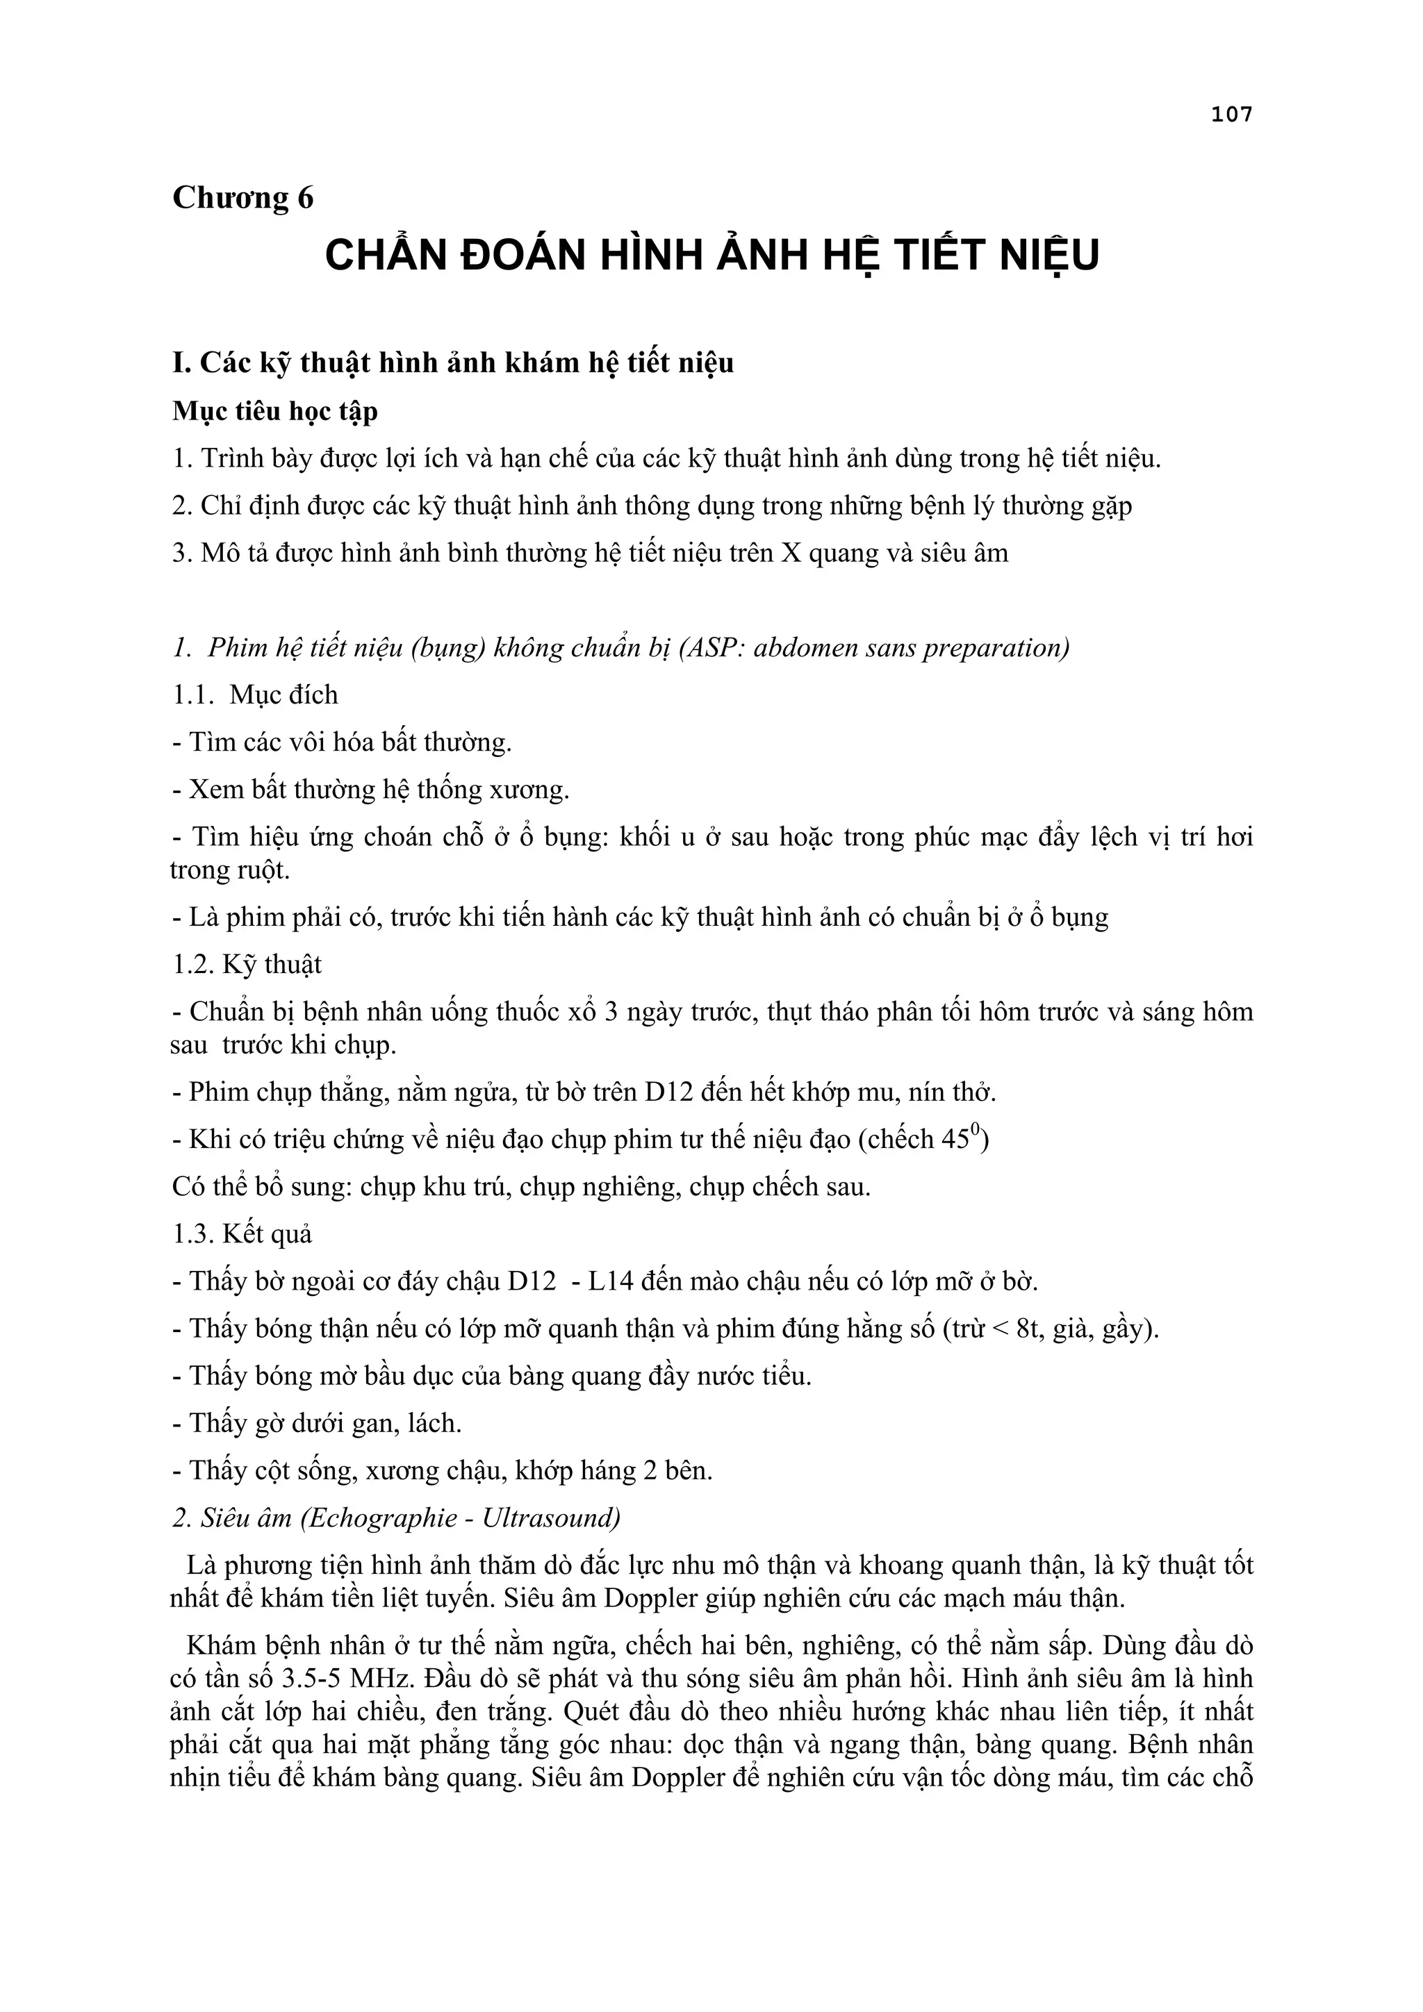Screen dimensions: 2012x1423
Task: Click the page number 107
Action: pyautogui.click(x=1231, y=114)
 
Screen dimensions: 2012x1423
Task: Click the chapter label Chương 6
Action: pyautogui.click(x=243, y=198)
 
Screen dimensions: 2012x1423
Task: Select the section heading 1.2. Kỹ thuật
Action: pyautogui.click(x=247, y=965)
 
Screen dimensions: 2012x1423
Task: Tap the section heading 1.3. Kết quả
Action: pyautogui.click(x=242, y=1234)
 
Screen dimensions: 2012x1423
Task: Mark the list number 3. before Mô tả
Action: pyautogui.click(x=181, y=553)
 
